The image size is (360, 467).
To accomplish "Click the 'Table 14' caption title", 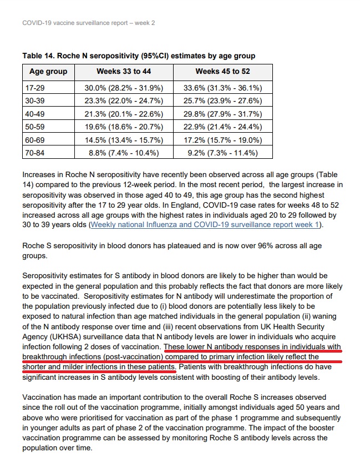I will click(139, 56).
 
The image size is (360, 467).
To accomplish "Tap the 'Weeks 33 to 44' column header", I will click(123, 72).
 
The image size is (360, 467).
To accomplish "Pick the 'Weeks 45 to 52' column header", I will click(222, 72).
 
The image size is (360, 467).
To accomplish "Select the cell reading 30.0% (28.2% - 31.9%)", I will click(123, 88).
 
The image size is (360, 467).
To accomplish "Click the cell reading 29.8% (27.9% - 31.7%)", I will click(222, 114).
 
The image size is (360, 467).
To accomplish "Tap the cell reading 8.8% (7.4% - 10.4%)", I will click(123, 153).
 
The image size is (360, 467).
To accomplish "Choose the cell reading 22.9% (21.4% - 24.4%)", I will click(222, 127).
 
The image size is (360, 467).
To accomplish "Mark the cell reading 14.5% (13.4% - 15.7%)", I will click(123, 139).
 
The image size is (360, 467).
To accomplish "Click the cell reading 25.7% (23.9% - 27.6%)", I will click(222, 101).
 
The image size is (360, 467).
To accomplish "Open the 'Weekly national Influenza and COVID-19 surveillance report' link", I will click(205, 225).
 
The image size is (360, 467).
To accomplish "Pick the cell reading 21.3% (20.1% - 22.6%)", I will click(123, 114).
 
